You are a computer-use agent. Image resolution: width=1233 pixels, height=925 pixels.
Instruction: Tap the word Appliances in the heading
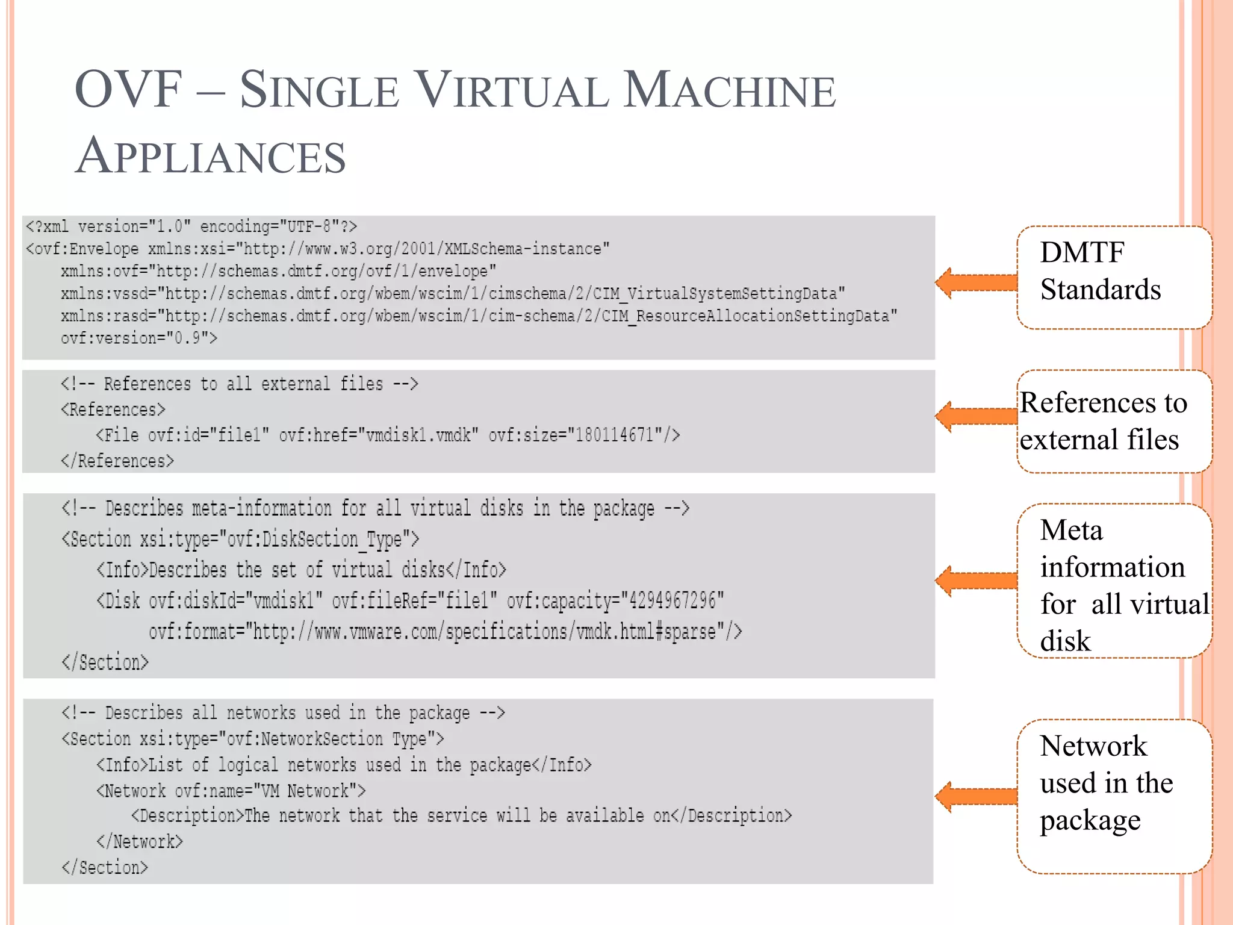210,156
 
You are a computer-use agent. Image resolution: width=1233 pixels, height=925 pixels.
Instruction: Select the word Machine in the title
728,90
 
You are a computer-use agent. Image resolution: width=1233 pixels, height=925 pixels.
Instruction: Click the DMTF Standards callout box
1114,278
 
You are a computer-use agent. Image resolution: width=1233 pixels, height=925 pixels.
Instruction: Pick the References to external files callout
1114,421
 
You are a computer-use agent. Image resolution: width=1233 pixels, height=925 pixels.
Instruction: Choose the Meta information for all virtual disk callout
1114,581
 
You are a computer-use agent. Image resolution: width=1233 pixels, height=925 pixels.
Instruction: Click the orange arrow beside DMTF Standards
976,282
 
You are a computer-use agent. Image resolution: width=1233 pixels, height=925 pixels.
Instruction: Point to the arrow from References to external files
976,416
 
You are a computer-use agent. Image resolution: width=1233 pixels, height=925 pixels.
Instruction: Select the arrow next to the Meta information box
976,581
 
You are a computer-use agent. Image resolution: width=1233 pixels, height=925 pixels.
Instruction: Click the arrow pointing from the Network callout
976,796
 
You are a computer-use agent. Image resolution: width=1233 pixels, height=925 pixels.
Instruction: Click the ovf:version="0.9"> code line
138,338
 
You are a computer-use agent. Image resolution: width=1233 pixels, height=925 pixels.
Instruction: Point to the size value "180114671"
614,435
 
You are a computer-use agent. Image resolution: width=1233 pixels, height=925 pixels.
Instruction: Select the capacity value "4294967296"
672,600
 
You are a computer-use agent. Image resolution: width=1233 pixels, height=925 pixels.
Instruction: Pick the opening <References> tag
113,410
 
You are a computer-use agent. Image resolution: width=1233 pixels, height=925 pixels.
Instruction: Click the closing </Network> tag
139,841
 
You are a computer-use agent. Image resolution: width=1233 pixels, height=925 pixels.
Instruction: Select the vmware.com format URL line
445,632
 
